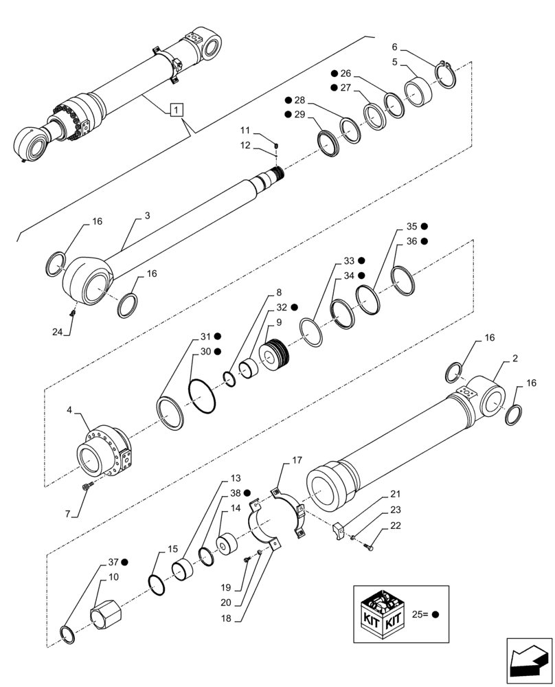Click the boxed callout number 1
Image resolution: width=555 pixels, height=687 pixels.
pos(177,109)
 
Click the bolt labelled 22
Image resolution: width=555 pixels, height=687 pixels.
pos(370,547)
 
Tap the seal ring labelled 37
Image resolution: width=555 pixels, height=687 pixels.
pos(67,634)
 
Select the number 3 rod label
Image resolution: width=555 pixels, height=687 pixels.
pos(147,215)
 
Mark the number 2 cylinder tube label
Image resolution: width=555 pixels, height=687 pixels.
pos(514,358)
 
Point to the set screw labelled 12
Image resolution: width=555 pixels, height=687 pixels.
pos(275,145)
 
